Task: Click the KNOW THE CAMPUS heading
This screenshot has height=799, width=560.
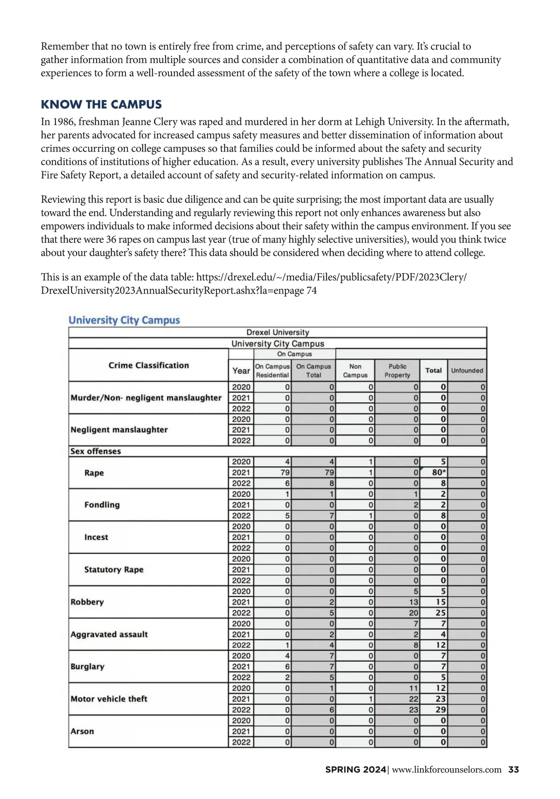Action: tap(101, 104)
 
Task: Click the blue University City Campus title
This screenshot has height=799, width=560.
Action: tap(124, 320)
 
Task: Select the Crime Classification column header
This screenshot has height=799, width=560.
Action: tap(148, 365)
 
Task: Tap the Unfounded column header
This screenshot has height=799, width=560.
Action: tap(467, 371)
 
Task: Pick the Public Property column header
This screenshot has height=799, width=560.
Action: tap(397, 371)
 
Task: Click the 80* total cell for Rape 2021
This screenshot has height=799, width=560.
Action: tap(439, 473)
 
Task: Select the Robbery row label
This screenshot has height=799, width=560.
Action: tap(87, 602)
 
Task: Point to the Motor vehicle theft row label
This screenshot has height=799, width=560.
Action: tap(109, 699)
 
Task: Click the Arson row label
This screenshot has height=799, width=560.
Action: tap(82, 731)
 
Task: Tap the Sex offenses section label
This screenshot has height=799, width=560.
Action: tap(96, 451)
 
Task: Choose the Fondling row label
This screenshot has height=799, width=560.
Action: tap(102, 505)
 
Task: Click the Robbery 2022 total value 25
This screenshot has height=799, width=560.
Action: tap(441, 613)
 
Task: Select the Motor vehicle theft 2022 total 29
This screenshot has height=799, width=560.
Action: tap(441, 710)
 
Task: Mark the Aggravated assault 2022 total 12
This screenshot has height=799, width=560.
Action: tap(441, 645)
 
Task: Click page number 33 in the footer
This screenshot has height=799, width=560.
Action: tap(513, 770)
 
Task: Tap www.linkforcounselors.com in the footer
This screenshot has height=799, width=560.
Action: tap(447, 770)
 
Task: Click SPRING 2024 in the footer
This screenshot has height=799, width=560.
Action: tap(356, 770)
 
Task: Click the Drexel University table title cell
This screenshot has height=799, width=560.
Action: tap(278, 332)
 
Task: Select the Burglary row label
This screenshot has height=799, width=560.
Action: tap(87, 667)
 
